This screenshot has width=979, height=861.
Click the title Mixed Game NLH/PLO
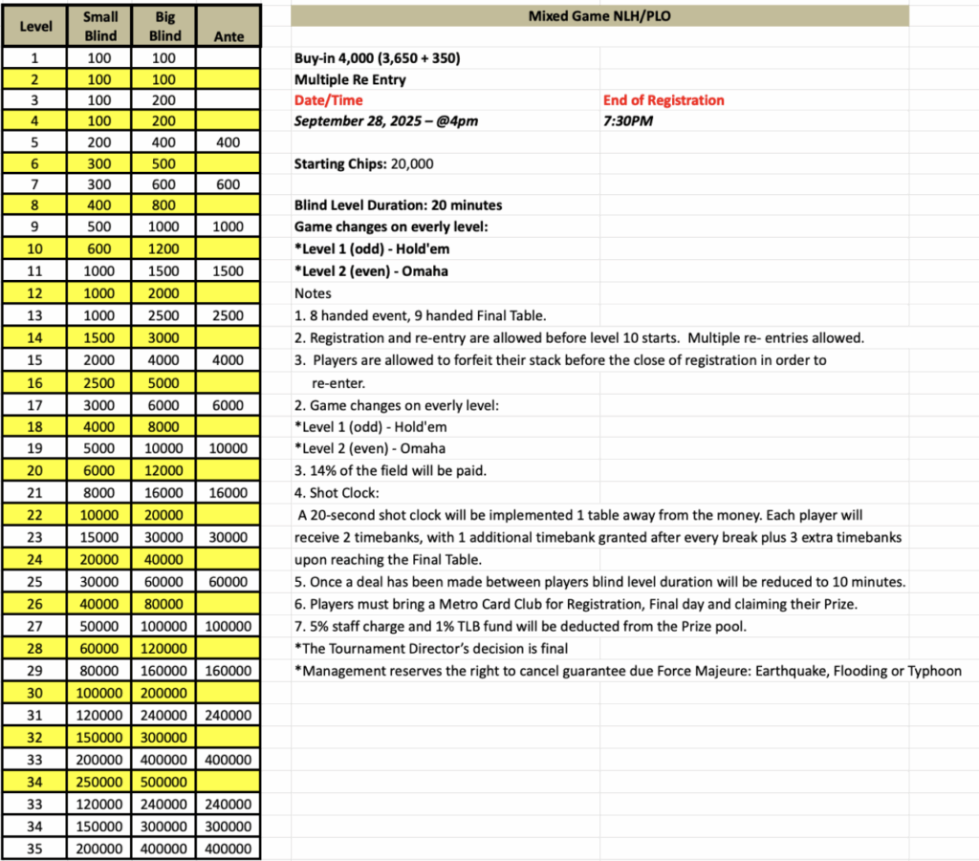point(598,16)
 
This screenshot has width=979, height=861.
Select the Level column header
point(36,27)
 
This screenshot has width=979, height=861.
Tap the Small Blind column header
point(100,27)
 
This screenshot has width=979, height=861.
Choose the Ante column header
point(228,36)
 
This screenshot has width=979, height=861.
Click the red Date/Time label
point(328,100)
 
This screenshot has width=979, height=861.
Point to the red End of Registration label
point(664,100)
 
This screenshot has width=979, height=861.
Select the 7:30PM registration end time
point(628,121)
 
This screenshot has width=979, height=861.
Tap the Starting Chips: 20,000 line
point(363,163)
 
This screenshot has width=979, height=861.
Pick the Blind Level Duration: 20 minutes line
point(398,205)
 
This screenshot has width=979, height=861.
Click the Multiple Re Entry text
point(350,79)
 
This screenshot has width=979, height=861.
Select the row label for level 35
point(36,849)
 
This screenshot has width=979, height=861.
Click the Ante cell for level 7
point(228,184)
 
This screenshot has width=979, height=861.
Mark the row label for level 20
point(36,469)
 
